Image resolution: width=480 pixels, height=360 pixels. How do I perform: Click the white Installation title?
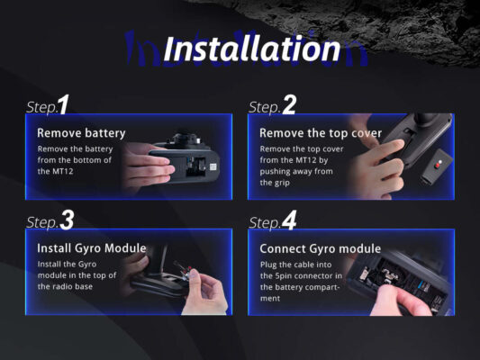pos(251,49)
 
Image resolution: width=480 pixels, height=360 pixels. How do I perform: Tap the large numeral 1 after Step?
pos(64,104)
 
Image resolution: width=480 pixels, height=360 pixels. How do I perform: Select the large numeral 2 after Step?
pos(289,104)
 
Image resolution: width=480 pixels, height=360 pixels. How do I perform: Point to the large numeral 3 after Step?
pos(67,220)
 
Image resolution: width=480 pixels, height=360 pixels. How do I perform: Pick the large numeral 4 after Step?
pos(289,220)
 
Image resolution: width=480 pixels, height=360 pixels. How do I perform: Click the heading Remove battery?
pos(81,133)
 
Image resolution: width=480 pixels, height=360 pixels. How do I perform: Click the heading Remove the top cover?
pos(321,133)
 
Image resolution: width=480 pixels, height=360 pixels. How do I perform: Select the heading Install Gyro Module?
pos(92,248)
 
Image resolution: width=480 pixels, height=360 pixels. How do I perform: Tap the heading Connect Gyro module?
pos(321,248)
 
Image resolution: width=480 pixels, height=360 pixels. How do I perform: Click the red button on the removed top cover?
pos(438,166)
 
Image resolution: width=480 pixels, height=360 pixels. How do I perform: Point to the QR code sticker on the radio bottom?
pos(213,167)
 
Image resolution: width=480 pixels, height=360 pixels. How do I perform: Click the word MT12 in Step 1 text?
pos(63,171)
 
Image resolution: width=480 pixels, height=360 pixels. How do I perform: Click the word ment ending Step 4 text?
pos(270,298)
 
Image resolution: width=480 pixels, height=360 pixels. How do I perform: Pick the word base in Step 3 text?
pos(82,286)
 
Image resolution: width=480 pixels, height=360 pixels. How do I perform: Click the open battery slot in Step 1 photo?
pos(195,166)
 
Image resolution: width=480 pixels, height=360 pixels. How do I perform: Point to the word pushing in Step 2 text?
pos(275,172)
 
